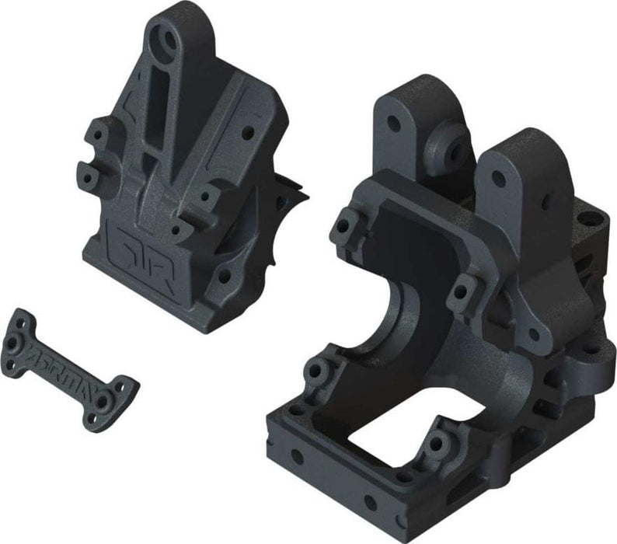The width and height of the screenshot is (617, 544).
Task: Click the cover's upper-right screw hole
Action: pyautogui.click(x=247, y=132)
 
